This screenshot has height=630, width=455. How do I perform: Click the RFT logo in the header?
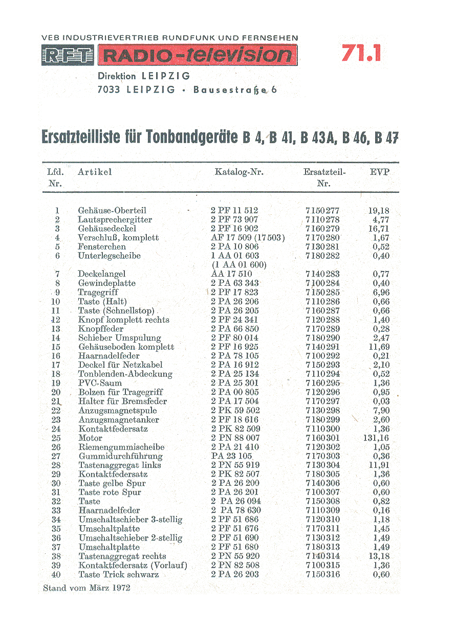pyautogui.click(x=68, y=55)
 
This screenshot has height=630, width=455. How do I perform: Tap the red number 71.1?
pyautogui.click(x=361, y=53)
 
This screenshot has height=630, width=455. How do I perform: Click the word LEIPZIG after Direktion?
pyautogui.click(x=165, y=76)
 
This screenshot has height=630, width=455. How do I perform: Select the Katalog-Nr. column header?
pyautogui.click(x=239, y=172)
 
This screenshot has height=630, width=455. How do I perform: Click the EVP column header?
pyautogui.click(x=379, y=172)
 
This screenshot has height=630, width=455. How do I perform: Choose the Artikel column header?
pyautogui.click(x=95, y=172)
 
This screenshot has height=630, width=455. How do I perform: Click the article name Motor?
pyautogui.click(x=90, y=438)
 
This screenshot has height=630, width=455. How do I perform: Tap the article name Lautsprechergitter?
pyautogui.click(x=115, y=220)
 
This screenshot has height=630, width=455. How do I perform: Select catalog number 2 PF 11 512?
pyautogui.click(x=234, y=211)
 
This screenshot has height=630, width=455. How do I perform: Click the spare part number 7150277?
pyautogui.click(x=322, y=211)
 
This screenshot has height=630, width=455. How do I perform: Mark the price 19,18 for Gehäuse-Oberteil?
pyautogui.click(x=379, y=211)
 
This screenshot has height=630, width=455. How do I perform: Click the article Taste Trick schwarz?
pyautogui.click(x=118, y=575)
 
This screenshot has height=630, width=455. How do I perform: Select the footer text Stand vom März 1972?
pyautogui.click(x=86, y=588)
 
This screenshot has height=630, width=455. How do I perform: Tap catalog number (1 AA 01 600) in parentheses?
pyautogui.click(x=239, y=265)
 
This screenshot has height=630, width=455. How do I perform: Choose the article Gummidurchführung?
pyautogui.click(x=120, y=457)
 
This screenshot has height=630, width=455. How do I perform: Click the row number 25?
pyautogui.click(x=56, y=438)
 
